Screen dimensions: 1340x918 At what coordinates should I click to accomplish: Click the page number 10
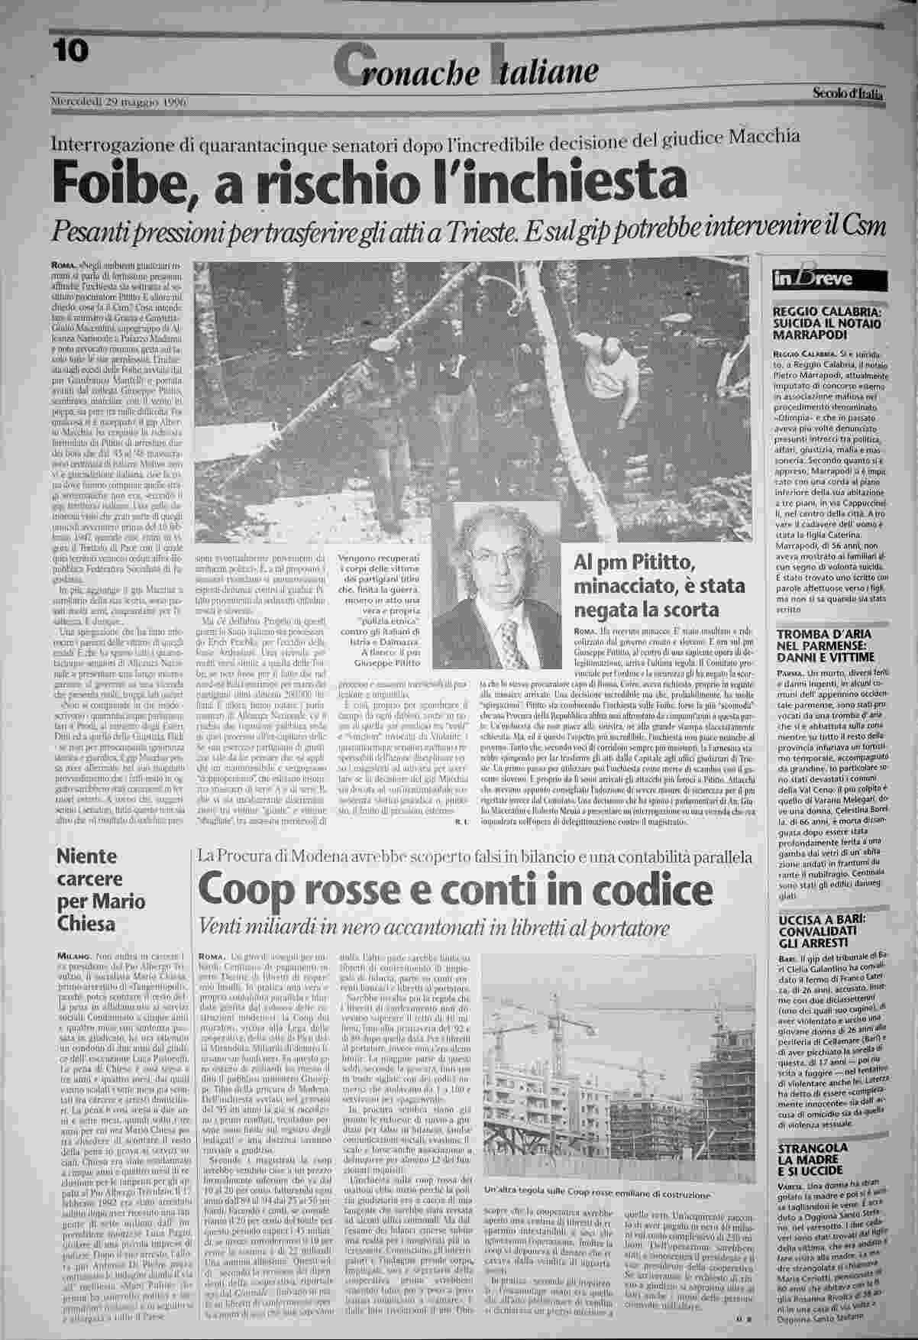[x=71, y=51]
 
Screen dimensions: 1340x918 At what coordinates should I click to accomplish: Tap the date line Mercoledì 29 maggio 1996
[x=118, y=102]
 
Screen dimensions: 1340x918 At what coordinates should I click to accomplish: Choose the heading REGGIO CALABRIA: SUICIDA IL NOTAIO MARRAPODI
[x=828, y=323]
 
